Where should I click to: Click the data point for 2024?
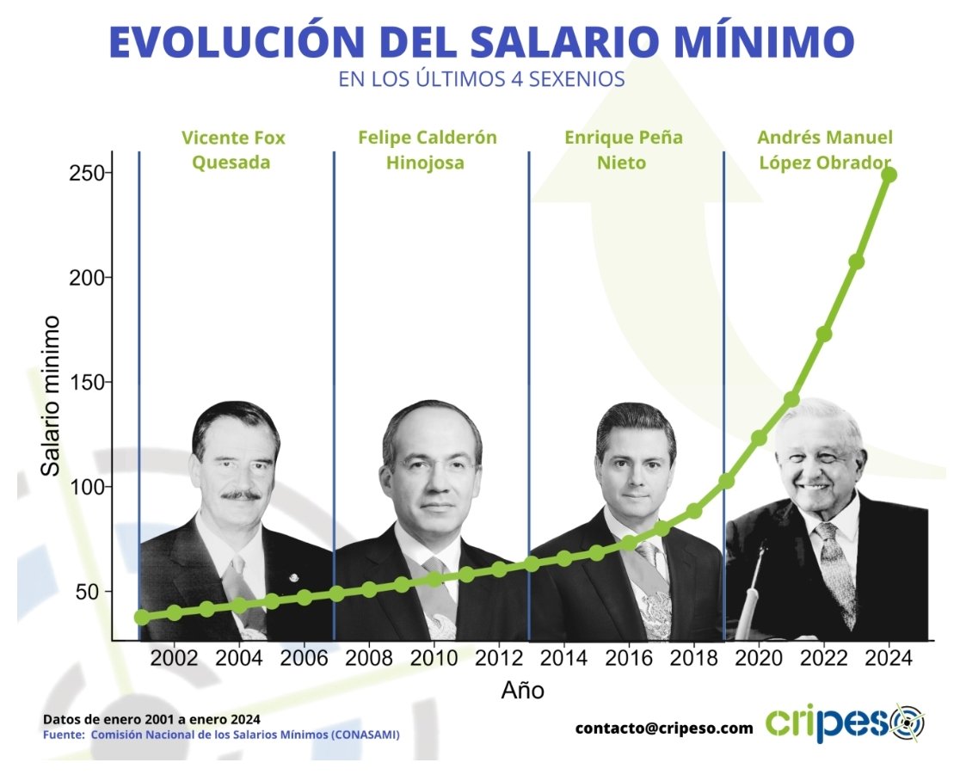(x=889, y=175)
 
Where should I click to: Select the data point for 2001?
(x=142, y=617)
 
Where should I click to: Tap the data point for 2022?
(x=824, y=334)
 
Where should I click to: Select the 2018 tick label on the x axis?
(x=694, y=659)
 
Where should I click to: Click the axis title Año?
(x=522, y=690)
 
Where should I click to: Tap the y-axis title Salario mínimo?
(x=52, y=396)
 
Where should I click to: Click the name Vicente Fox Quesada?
(x=233, y=150)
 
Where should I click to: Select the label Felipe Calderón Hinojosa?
(x=428, y=150)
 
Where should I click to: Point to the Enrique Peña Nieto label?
(x=623, y=150)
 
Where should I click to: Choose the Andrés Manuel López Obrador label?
(x=824, y=150)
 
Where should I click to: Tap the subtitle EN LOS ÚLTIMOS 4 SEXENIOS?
(x=481, y=80)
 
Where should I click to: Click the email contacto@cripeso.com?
(x=664, y=728)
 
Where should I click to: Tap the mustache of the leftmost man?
(x=241, y=495)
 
